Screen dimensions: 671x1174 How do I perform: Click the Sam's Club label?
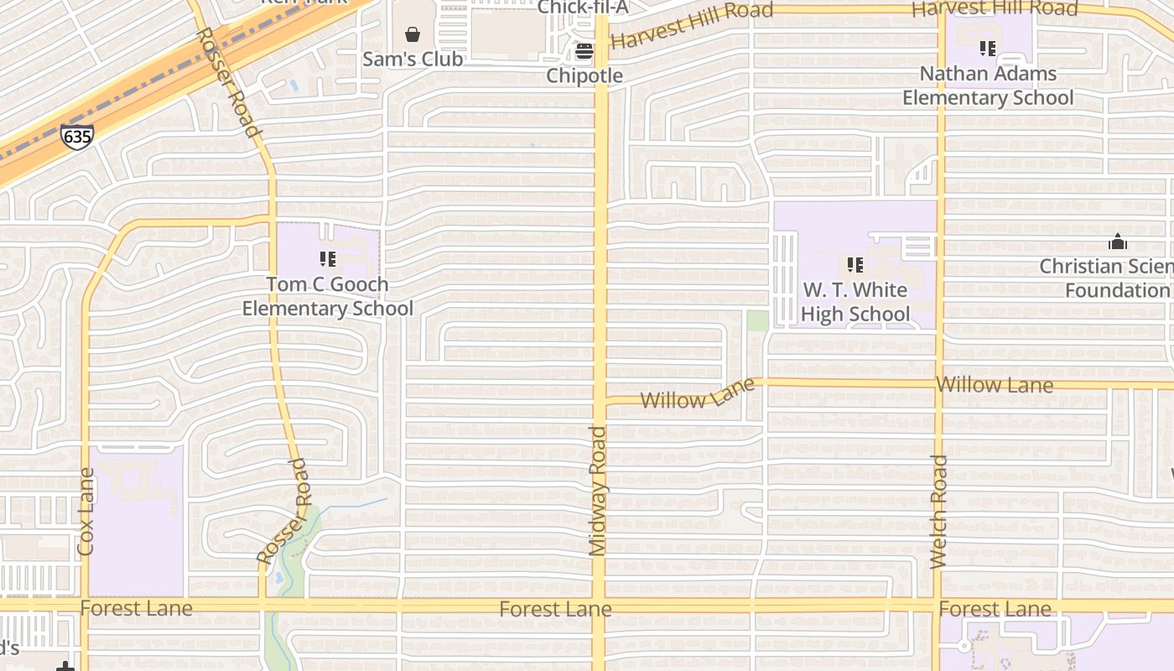click(x=413, y=60)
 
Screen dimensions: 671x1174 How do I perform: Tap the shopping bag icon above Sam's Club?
click(x=413, y=34)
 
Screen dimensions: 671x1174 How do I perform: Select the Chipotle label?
click(x=584, y=75)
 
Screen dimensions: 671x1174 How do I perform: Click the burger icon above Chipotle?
click(x=584, y=51)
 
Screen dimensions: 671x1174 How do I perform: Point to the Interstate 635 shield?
click(x=76, y=137)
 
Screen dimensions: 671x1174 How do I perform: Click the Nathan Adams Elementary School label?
click(x=988, y=86)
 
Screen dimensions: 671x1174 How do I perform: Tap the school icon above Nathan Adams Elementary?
click(x=988, y=49)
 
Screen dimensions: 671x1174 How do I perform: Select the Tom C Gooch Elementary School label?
click(x=328, y=296)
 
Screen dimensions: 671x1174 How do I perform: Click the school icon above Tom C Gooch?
click(x=328, y=259)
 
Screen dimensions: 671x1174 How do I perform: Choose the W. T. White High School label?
click(x=855, y=302)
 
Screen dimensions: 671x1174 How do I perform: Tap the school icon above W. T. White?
click(x=855, y=265)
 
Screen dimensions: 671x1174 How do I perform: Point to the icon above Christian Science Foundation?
click(x=1118, y=242)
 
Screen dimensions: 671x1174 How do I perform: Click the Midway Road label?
click(x=598, y=492)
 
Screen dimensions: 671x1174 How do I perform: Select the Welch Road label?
click(x=939, y=512)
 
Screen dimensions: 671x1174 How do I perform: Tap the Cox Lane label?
click(x=86, y=512)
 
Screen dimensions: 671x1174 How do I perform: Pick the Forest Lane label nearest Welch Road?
click(x=995, y=609)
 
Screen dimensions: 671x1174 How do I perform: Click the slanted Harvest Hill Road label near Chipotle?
click(x=693, y=25)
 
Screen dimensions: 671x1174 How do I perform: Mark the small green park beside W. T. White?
click(x=757, y=320)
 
